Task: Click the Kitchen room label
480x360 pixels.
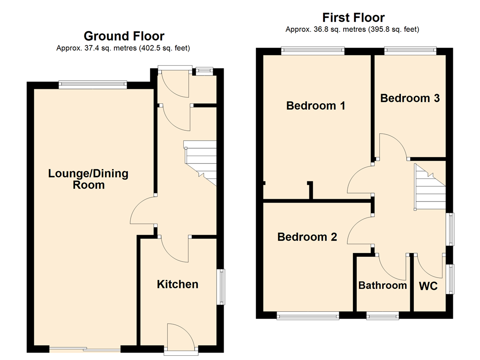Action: pos(177,284)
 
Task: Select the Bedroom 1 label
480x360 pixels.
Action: pos(315,105)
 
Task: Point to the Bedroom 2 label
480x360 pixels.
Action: pos(307,237)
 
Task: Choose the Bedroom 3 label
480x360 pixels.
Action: pos(410,98)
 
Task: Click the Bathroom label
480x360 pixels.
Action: pos(382,285)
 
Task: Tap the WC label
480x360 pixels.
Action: pos(428,285)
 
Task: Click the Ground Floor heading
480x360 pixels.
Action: pos(124,36)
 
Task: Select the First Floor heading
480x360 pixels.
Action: pos(353,18)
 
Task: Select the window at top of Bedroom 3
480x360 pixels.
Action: pos(410,49)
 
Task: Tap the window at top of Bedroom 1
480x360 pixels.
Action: pos(313,49)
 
